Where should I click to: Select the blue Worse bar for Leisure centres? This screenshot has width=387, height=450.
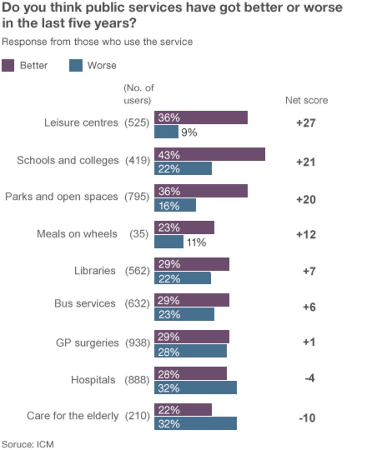tap(166, 132)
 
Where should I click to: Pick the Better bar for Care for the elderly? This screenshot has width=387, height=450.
tap(183, 410)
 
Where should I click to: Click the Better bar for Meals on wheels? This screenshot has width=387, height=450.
tap(184, 228)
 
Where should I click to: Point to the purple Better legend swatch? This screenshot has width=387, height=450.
tap(8, 65)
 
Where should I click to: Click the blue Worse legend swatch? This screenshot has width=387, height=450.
tap(76, 65)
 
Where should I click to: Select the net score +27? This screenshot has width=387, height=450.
tap(306, 123)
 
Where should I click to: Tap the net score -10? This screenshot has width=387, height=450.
tap(307, 418)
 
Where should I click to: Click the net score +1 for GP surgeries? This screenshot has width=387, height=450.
tap(308, 342)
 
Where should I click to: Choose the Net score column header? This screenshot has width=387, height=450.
tap(307, 101)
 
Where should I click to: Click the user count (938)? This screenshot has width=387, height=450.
tap(137, 343)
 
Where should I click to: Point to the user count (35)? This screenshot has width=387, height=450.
tap(139, 234)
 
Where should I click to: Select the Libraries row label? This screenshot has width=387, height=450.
tap(95, 271)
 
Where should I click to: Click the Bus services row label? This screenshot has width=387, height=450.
tap(85, 304)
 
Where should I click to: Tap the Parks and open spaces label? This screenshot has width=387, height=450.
tap(61, 197)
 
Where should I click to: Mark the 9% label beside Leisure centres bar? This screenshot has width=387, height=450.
tap(189, 132)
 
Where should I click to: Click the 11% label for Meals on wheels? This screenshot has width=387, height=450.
tap(196, 242)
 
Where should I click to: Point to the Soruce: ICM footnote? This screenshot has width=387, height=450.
tap(27, 444)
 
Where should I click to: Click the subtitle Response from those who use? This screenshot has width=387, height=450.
tap(97, 42)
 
